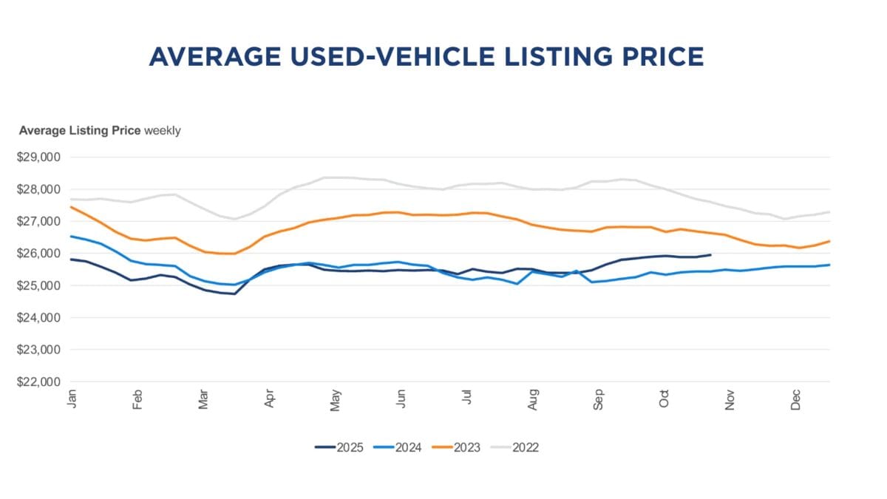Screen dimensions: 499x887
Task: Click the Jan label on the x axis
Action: click(x=72, y=399)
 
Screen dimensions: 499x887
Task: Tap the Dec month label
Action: click(x=796, y=400)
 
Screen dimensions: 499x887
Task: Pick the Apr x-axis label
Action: click(x=270, y=399)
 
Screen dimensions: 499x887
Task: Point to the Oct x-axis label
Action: click(x=665, y=399)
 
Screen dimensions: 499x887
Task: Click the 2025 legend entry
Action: click(x=339, y=447)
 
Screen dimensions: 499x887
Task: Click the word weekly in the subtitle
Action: click(x=162, y=131)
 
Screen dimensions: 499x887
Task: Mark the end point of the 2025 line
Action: click(x=710, y=255)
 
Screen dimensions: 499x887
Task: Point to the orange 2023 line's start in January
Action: click(x=72, y=207)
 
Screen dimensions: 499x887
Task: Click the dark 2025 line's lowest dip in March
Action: click(x=235, y=294)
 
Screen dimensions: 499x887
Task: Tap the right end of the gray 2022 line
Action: click(x=829, y=212)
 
